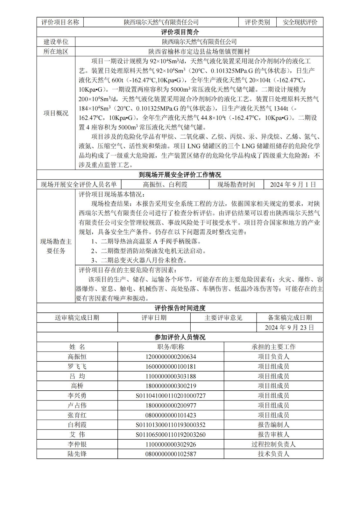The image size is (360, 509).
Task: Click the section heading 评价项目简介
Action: pyautogui.click(x=180, y=32)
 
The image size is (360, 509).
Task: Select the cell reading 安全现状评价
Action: pyautogui.click(x=300, y=22)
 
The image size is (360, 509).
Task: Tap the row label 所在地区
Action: pyautogui.click(x=56, y=52)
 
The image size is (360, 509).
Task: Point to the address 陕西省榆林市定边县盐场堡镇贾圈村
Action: pyautogui.click(x=199, y=52)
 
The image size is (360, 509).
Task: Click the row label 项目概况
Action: pyautogui.click(x=56, y=113)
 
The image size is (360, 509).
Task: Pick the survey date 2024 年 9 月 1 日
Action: pyautogui.click(x=293, y=185)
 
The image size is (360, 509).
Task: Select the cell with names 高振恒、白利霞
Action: pyautogui.click(x=165, y=185)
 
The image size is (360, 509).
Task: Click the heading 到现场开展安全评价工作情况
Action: pyautogui.click(x=180, y=175)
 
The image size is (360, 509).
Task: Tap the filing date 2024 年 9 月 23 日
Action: pyautogui.click(x=289, y=327)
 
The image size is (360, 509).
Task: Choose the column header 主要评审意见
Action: pyautogui.click(x=223, y=317)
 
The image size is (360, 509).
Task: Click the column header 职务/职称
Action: pyautogui.click(x=171, y=347)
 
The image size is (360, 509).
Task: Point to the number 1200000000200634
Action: pyautogui.click(x=171, y=357)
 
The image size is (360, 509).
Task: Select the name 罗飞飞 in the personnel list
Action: pyautogui.click(x=77, y=366)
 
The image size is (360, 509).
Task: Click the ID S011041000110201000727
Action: pyautogui.click(x=171, y=396)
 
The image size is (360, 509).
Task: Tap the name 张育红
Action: pyautogui.click(x=77, y=415)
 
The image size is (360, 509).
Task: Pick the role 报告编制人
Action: pyautogui.click(x=273, y=425)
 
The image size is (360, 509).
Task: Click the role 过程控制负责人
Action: pyautogui.click(x=273, y=444)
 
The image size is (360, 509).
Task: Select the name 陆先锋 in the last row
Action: pyautogui.click(x=77, y=454)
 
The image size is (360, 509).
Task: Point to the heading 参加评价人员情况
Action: pyautogui.click(x=180, y=337)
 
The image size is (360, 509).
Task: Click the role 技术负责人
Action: pyautogui.click(x=273, y=454)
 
